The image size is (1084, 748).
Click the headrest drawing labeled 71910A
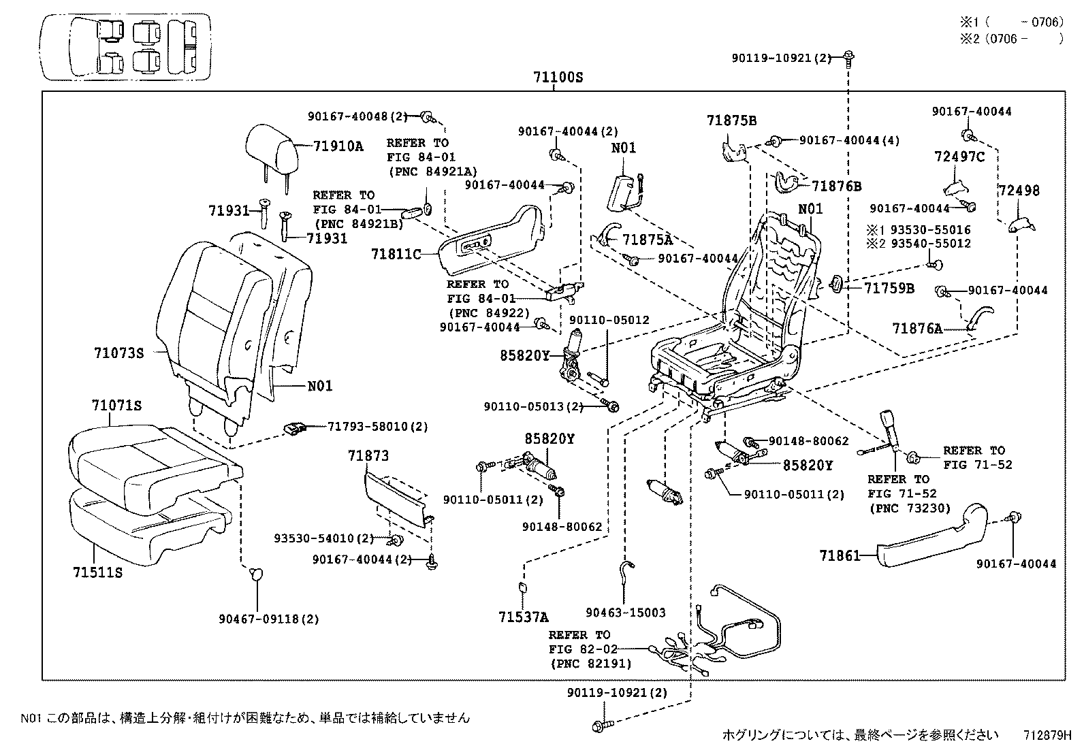[x=270, y=148]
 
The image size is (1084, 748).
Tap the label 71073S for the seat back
[x=119, y=353]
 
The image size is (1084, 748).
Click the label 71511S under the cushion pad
[x=97, y=572]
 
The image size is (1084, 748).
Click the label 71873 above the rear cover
[x=368, y=455]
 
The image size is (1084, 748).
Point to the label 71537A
[x=523, y=617]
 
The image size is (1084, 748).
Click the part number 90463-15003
[x=625, y=613]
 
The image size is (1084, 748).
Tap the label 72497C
[x=959, y=158]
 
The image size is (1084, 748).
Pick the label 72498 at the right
[x=1019, y=191]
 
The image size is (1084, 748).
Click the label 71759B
[x=889, y=288]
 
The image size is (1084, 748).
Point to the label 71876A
[x=917, y=329]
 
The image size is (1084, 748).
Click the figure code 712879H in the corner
[x=1047, y=735]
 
